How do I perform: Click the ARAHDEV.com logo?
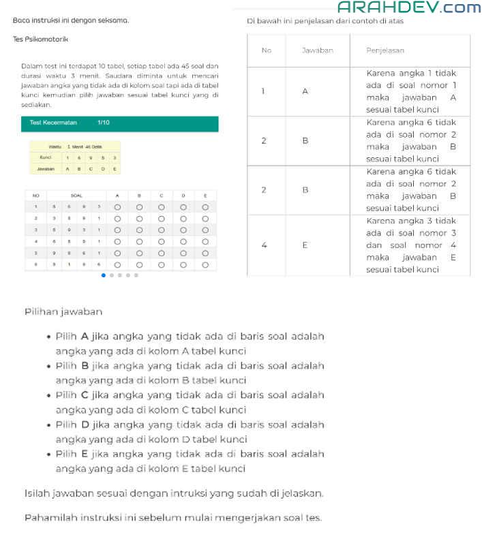point(409,7)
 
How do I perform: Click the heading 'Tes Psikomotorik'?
point(40,40)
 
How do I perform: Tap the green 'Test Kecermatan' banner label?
point(54,123)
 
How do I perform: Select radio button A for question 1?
point(117,206)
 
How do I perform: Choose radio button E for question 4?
point(205,241)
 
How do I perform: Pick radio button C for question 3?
point(161,230)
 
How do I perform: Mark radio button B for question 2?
point(139,218)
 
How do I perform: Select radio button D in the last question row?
point(183,264)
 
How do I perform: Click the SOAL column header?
point(76,195)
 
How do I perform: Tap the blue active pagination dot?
point(104,275)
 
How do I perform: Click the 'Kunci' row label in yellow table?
point(46,157)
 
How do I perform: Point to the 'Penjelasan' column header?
point(385,50)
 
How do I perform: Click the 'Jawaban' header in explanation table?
point(317,50)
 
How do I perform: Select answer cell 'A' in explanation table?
point(305,91)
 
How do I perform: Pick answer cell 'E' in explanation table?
point(305,245)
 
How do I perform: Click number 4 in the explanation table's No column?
point(264,245)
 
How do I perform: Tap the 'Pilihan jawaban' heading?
point(63,311)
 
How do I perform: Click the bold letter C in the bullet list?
point(85,395)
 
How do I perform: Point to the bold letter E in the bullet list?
point(85,454)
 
